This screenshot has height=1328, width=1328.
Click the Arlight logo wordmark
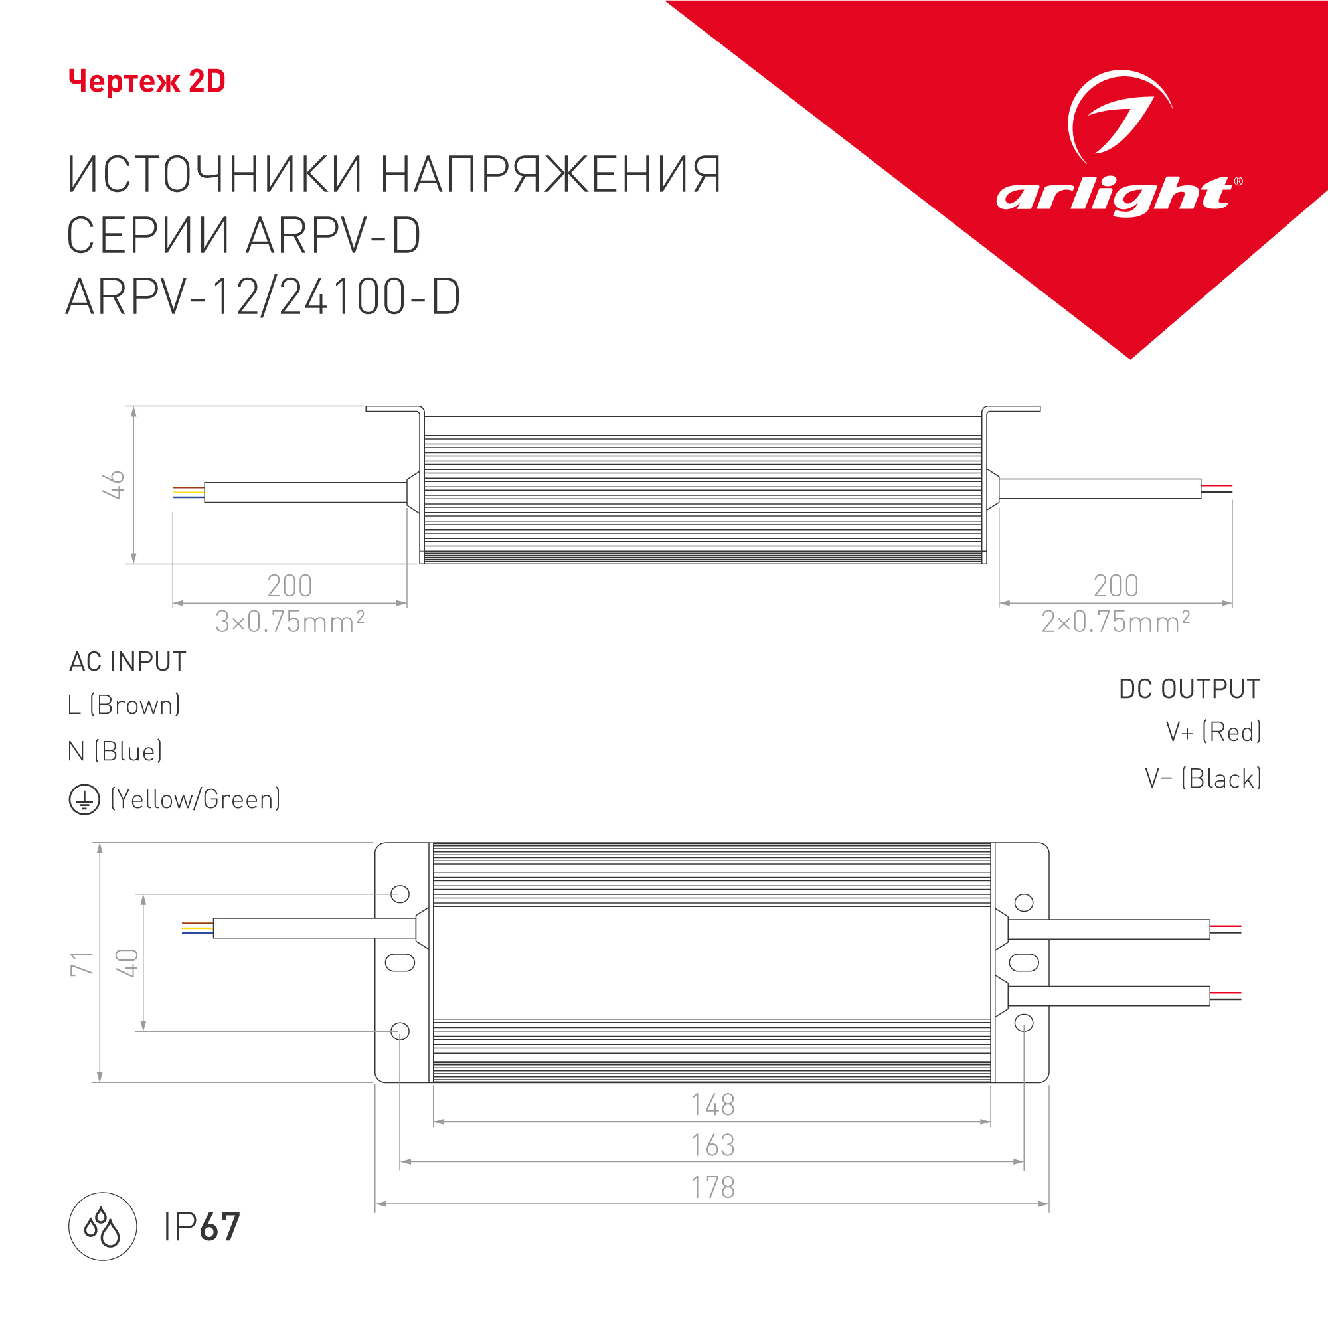point(1119,196)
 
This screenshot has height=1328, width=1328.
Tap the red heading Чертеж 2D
point(147,81)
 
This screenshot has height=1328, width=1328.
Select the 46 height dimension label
point(114,485)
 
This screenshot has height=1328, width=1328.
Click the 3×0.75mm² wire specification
point(290,622)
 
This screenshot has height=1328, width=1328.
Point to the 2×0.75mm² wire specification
point(1116,622)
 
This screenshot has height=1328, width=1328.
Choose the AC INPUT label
point(128,661)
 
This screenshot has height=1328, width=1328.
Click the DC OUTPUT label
point(1190,689)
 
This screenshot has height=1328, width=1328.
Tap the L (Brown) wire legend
point(124,705)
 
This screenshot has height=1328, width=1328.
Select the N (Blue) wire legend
point(115,751)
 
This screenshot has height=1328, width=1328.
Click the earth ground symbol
point(84,800)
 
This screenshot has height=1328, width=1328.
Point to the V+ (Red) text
point(1213,732)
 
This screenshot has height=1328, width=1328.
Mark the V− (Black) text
point(1203,779)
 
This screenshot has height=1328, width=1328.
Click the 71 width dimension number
point(82,963)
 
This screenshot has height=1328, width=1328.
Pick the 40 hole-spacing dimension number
point(127,963)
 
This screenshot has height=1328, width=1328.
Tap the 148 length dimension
point(712,1105)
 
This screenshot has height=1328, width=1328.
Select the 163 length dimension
point(712,1145)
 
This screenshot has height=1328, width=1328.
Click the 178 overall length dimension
point(712,1187)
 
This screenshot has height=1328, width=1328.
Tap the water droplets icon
point(102,1226)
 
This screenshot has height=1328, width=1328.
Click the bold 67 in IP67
point(220,1226)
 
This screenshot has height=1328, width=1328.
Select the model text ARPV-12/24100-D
point(263,297)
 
